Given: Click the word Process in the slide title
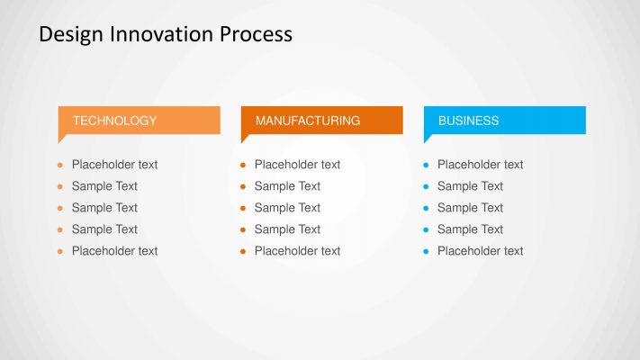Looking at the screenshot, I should [256, 34].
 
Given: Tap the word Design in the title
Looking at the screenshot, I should [70, 34].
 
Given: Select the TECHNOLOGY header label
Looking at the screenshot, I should [114, 121].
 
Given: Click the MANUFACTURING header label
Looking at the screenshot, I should [307, 121].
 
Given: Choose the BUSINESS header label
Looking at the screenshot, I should [468, 121].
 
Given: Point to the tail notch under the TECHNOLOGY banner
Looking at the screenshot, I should [62, 138].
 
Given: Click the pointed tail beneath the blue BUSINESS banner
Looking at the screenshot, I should [428, 138].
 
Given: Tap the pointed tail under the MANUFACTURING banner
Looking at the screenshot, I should [245, 138].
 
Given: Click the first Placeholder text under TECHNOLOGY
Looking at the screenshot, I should [114, 165].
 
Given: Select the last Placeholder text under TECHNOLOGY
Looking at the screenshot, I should [114, 251].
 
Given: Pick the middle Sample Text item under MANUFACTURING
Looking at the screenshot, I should [287, 208].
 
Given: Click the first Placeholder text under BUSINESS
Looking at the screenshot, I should [480, 165].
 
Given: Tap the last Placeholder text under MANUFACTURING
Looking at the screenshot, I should [297, 251].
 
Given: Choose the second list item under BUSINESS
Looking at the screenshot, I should [470, 186].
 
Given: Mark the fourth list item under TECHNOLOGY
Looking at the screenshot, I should [104, 229].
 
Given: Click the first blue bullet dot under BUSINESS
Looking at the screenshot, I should [426, 166].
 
